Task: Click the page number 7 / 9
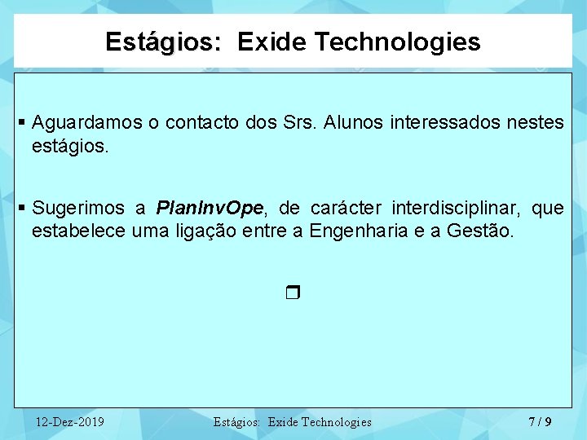pyautogui.click(x=540, y=421)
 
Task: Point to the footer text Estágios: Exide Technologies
pyautogui.click(x=292, y=422)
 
